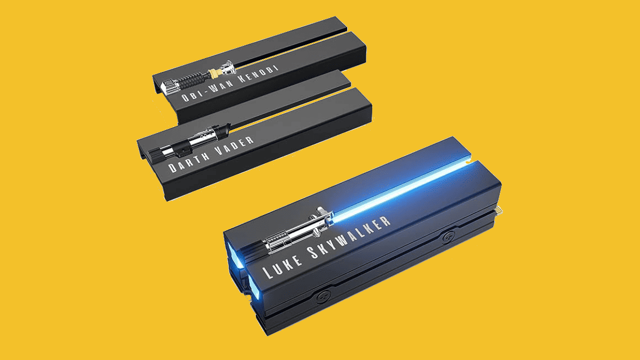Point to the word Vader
tap(234, 146)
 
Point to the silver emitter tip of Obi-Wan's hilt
tap(229, 67)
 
